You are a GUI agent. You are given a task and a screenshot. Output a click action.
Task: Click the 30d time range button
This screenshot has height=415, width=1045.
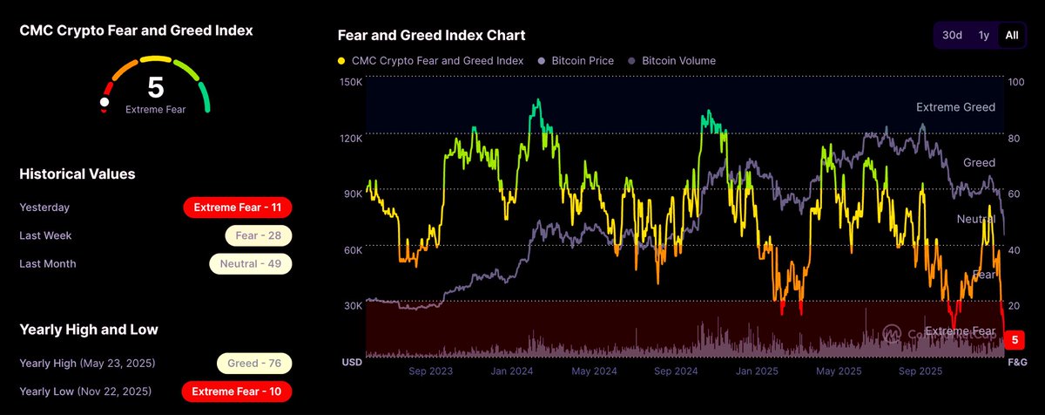click(952, 35)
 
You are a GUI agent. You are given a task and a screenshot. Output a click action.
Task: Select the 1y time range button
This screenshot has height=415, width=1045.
click(983, 35)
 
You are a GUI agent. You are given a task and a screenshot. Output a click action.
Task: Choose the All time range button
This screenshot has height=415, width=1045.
click(1011, 35)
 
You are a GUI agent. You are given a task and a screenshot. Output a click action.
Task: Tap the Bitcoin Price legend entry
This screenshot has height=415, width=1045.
click(576, 61)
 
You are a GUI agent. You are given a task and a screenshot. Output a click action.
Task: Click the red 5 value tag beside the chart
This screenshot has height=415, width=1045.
click(1015, 340)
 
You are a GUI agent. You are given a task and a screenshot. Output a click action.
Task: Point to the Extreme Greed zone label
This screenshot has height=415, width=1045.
click(955, 107)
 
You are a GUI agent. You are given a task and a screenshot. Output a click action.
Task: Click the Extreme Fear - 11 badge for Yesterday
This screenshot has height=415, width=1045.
click(237, 207)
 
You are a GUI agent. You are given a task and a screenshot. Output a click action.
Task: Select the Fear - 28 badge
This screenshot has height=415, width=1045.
click(258, 235)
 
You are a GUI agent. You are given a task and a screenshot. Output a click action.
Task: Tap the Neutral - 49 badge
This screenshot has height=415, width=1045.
click(250, 263)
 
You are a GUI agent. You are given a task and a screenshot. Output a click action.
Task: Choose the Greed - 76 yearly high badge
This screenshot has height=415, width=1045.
click(253, 364)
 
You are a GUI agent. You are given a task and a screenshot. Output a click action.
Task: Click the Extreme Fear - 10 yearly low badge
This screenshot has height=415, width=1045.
click(237, 391)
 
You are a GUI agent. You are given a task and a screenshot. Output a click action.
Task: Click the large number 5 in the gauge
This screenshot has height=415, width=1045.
click(155, 87)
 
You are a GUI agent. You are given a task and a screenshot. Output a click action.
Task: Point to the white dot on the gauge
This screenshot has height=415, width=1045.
click(104, 102)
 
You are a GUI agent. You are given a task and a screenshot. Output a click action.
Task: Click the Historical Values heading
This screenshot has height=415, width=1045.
click(78, 174)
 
